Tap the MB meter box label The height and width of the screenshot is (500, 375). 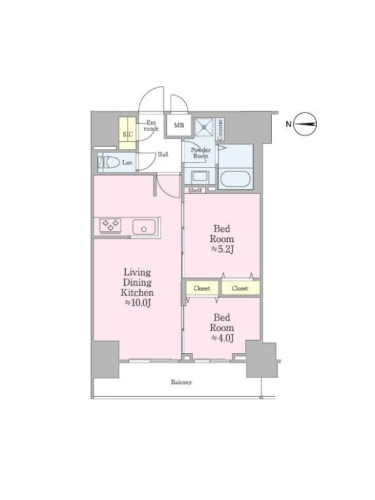[x=179, y=126]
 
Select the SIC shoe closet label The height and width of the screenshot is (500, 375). [x=127, y=134]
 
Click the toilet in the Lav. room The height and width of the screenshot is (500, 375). [x=108, y=162]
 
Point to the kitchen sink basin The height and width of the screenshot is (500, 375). [x=144, y=227]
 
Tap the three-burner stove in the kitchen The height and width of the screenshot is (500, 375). [x=111, y=225]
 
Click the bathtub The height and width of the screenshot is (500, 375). [x=236, y=179]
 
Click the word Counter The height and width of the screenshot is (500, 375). [x=220, y=129]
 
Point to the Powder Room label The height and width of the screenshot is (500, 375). [x=201, y=153]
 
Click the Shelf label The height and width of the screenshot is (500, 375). [x=195, y=191]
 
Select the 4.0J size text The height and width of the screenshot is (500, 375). [x=222, y=338]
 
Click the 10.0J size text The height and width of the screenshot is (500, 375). [x=137, y=302]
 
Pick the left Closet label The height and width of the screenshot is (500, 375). [x=202, y=288]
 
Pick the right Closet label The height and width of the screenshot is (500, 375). [x=240, y=288]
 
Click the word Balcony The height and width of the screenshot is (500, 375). [x=181, y=382]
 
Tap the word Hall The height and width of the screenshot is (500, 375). [x=163, y=154]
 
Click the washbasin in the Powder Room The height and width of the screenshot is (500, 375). [x=199, y=176]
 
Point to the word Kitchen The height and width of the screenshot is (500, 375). [x=137, y=292]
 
